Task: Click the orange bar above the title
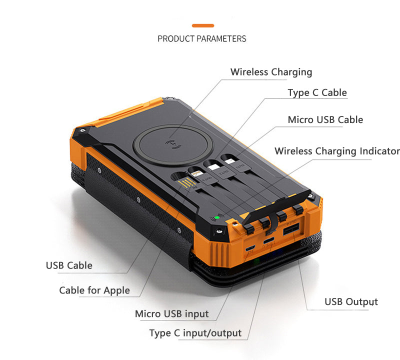tap(203, 25)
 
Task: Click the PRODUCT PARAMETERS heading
tap(202, 39)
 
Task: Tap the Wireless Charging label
tap(271, 72)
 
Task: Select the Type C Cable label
tap(317, 92)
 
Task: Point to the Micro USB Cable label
tap(325, 119)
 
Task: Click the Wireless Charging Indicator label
tap(337, 151)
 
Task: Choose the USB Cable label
tap(69, 265)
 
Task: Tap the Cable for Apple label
tap(94, 290)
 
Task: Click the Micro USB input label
tap(171, 314)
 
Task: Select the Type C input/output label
tap(195, 333)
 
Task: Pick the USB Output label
tap(351, 301)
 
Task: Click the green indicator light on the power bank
tap(217, 217)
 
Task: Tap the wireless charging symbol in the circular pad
tap(173, 144)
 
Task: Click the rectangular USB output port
tap(291, 229)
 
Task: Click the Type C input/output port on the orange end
tap(269, 240)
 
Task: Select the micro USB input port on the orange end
tap(250, 248)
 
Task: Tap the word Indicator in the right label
tap(380, 151)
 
